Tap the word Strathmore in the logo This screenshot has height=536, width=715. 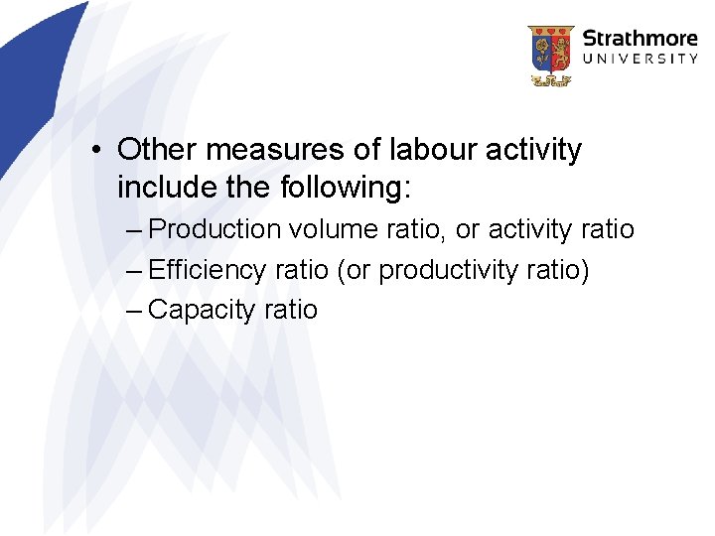[x=640, y=39]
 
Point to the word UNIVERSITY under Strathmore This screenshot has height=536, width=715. [x=640, y=60]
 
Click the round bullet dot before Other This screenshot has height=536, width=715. [x=92, y=152]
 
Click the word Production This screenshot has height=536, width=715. [x=214, y=230]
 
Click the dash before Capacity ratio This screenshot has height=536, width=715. [x=136, y=311]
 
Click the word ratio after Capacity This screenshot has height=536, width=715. [x=290, y=310]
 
